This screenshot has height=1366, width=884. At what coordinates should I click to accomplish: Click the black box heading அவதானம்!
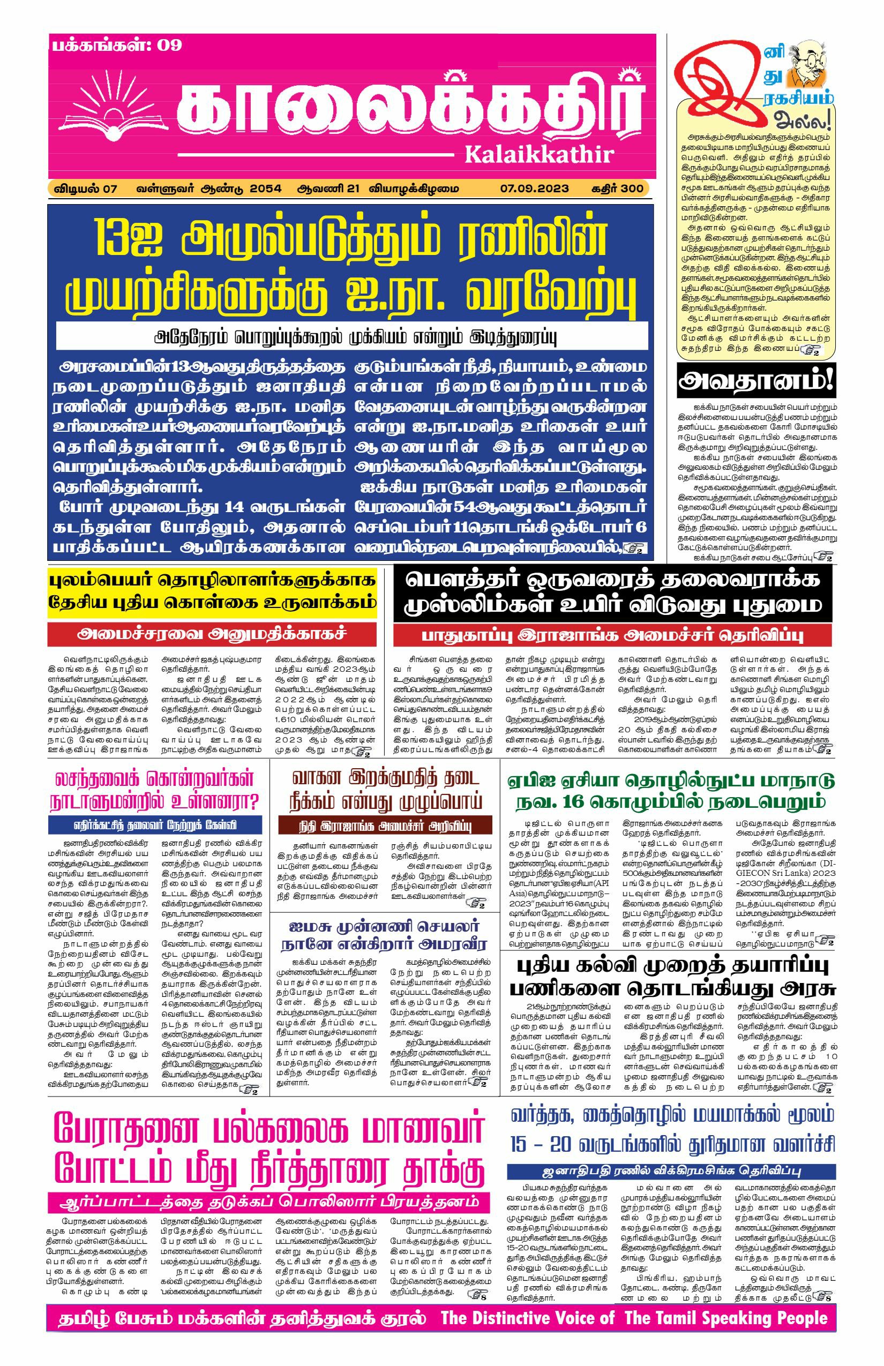coord(755,380)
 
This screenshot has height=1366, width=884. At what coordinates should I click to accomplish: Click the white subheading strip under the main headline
coord(351,336)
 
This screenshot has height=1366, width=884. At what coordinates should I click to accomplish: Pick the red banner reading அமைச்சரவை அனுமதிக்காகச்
coord(212,634)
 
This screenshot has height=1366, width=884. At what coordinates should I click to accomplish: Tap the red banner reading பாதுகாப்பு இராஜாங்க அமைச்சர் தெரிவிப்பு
coord(612,636)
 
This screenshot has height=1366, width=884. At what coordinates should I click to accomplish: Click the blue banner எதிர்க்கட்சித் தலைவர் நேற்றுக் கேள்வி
coord(154,825)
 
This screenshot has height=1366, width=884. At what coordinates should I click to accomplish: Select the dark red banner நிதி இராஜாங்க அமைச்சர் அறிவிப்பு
coord(385,825)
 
